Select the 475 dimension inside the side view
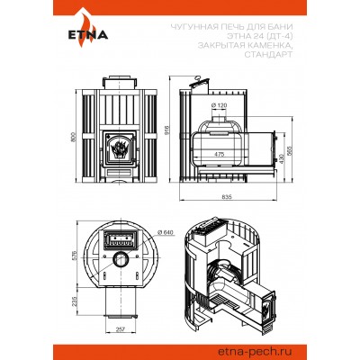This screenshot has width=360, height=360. [x=219, y=154]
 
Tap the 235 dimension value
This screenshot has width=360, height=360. [x=76, y=302]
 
